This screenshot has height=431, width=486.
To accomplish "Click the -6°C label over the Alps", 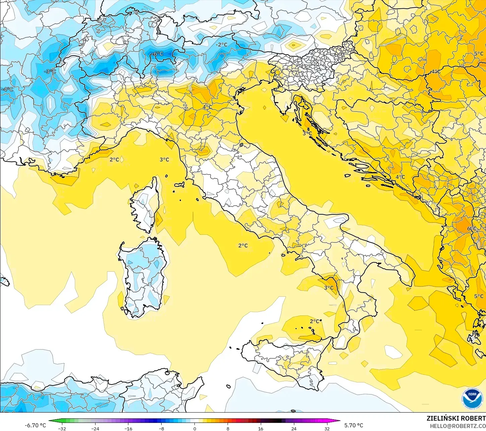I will [x=158, y=54].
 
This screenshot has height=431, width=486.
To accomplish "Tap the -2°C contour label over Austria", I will [x=221, y=45].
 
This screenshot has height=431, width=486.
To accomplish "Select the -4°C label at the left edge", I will [x=7, y=89].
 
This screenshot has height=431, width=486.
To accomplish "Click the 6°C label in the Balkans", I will [x=472, y=229].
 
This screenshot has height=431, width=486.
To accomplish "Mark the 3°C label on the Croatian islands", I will [x=307, y=133].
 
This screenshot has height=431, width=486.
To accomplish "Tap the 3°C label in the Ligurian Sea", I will [x=164, y=159].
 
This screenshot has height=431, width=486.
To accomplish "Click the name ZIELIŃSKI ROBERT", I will [x=456, y=418].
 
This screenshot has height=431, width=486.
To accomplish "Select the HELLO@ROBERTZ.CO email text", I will [x=458, y=426].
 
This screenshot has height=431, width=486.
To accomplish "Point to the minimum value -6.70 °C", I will [x=36, y=425].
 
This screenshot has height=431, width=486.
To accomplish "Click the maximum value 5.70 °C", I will [x=354, y=425].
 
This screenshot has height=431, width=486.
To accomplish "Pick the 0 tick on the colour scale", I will [x=194, y=428].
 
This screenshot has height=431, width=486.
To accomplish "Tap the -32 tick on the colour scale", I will [x=62, y=428].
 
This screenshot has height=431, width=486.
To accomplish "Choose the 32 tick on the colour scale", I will [x=327, y=428].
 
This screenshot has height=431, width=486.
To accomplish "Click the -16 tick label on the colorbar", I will [x=128, y=428].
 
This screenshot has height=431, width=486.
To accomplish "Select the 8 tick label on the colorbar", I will [x=228, y=428].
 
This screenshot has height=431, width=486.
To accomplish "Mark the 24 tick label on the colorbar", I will [x=294, y=428].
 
